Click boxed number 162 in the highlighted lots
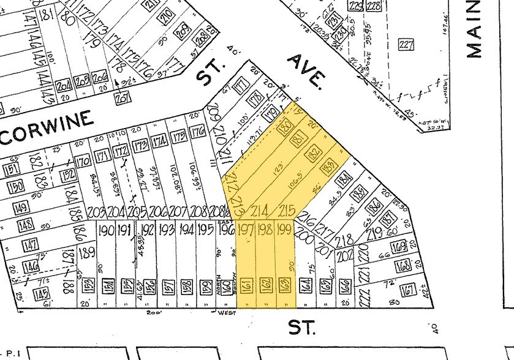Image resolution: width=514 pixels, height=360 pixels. pyautogui.click(x=266, y=285)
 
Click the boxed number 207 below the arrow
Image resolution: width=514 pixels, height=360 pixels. pyautogui.click(x=123, y=97)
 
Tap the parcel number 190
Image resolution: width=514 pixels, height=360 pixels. pyautogui.click(x=106, y=231)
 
